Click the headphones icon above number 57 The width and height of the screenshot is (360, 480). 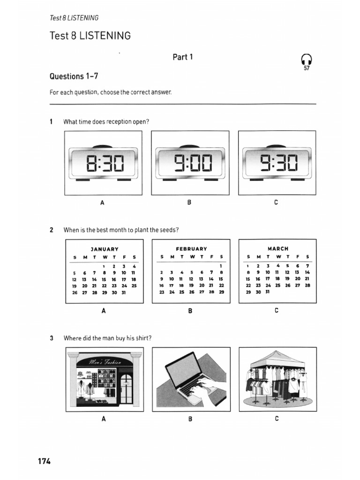307,59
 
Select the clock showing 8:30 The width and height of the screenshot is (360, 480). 104,163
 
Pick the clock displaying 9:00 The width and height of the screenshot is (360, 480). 190,163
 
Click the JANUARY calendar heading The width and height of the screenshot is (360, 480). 104,249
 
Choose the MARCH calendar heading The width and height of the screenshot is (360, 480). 278,248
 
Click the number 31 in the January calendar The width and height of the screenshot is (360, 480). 124,292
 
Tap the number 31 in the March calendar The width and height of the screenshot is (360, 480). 268,292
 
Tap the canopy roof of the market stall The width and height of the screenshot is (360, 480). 277,360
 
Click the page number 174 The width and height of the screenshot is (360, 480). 44,461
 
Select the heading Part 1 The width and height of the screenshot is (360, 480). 183,57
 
